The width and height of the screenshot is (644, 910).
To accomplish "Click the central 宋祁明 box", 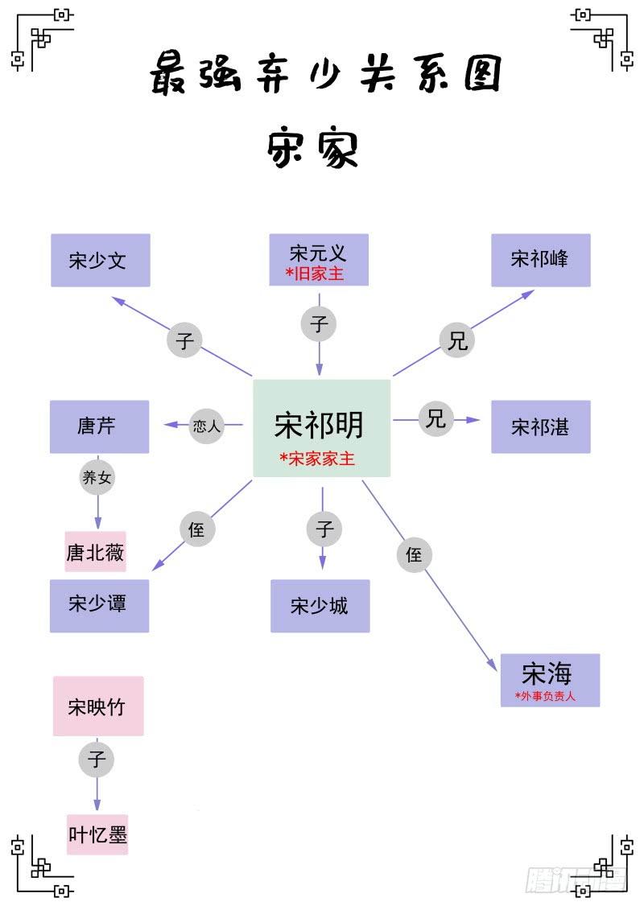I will pos(321,428).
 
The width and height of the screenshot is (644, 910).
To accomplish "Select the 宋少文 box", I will pos(101,260).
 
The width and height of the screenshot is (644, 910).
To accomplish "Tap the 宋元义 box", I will pos(319,259).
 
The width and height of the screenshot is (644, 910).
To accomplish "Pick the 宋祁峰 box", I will pos(541,260).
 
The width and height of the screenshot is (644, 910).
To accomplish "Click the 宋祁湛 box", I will pos(541,426).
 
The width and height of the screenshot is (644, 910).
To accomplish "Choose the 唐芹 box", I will pos(99,426).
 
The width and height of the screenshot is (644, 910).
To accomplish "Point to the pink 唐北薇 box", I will pos(96,552).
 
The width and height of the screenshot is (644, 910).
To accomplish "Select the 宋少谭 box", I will pos(99,605).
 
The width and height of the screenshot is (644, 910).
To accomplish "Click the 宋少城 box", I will pos(320,606).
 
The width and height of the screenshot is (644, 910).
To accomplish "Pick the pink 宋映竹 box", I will pos(98,706).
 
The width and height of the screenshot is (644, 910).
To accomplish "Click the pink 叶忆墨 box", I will pos(97,834).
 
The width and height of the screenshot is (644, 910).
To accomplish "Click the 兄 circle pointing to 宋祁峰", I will pos(457,341).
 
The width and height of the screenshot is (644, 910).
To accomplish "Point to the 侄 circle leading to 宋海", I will pos(415,555).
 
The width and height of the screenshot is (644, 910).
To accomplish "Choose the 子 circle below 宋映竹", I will pos(97,760).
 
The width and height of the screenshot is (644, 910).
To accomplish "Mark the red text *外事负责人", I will pos(546,696).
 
